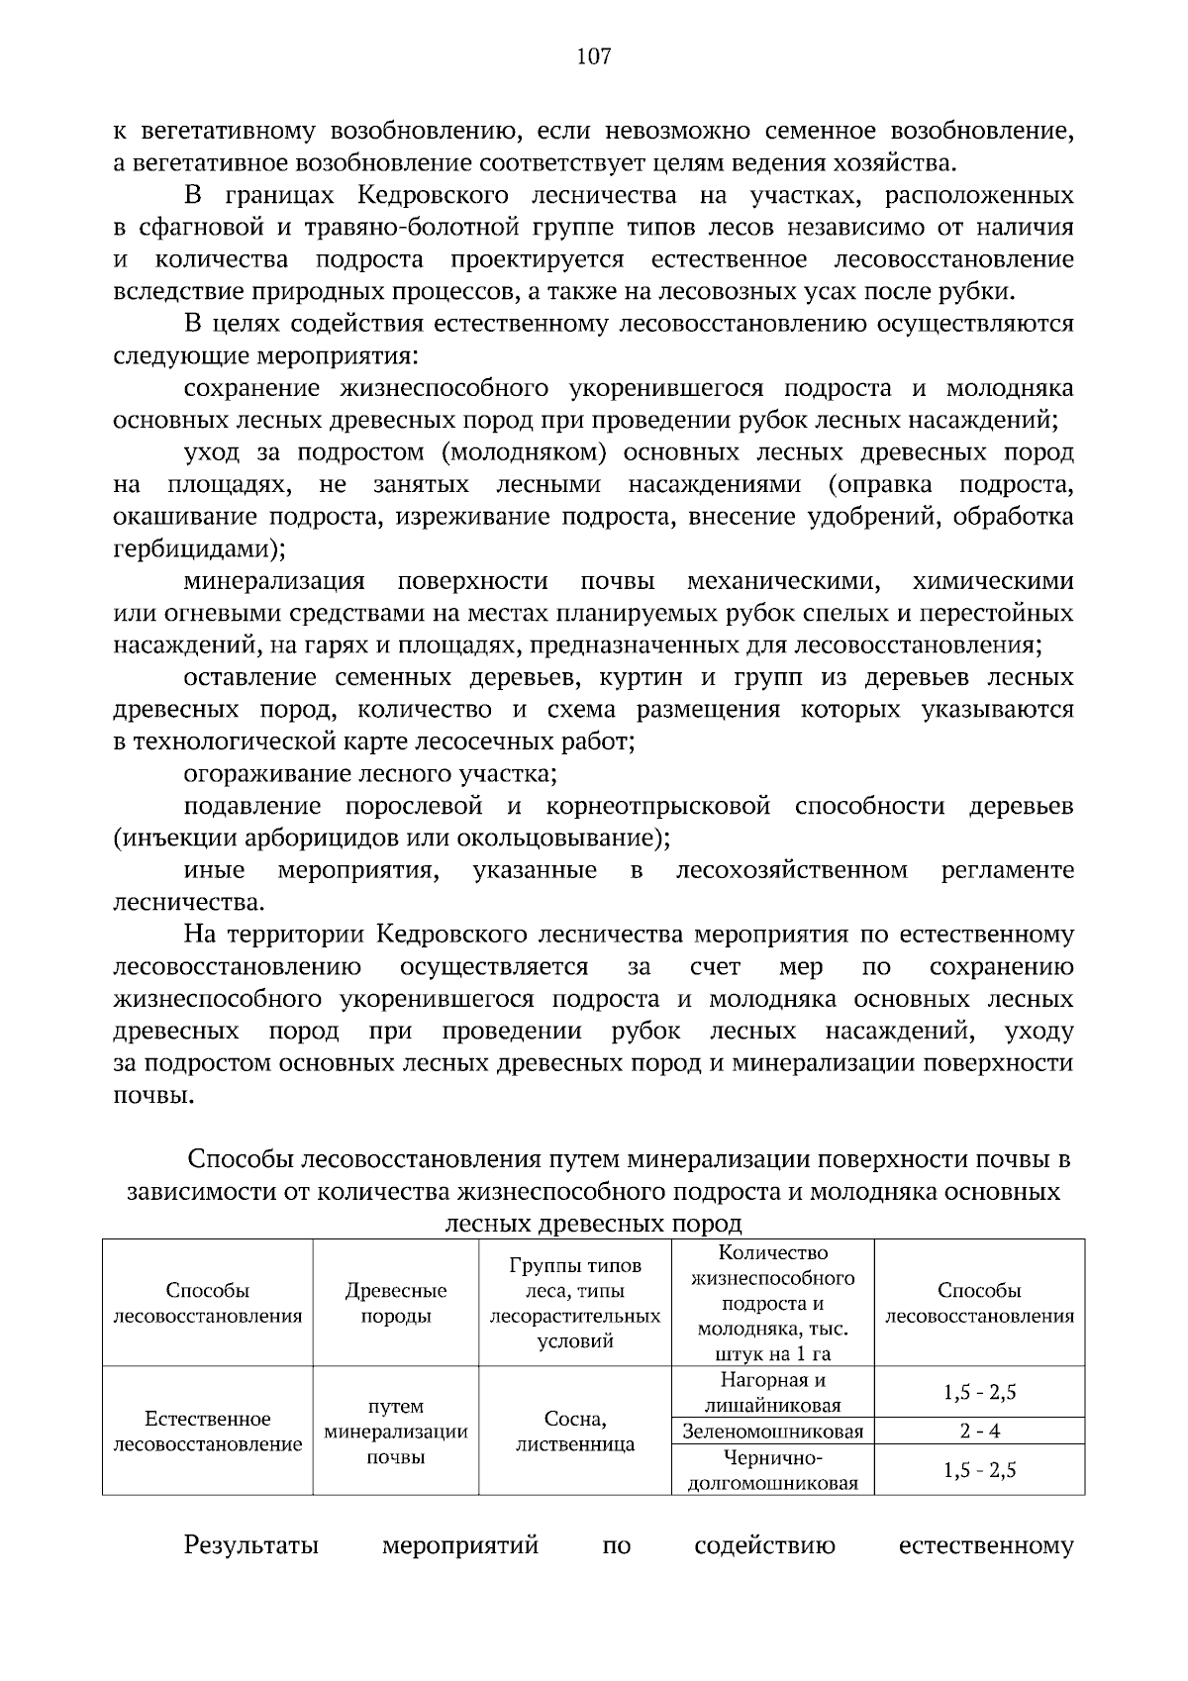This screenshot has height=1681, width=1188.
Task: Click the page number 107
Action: click(594, 56)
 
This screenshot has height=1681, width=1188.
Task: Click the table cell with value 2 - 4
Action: click(979, 1431)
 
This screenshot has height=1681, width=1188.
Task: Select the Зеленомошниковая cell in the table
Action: click(772, 1431)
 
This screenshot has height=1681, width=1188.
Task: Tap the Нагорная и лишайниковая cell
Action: click(772, 1392)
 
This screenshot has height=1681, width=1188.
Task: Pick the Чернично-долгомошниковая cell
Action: click(772, 1469)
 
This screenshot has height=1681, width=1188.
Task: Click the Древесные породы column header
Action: click(395, 1303)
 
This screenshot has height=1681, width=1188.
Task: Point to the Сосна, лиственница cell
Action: click(575, 1431)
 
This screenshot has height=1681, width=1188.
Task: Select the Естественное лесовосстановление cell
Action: click(208, 1431)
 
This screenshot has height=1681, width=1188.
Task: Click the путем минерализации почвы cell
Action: click(395, 1431)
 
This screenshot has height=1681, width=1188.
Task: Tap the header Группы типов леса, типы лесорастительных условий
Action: click(575, 1303)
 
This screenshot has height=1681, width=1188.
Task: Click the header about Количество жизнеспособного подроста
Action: click(772, 1303)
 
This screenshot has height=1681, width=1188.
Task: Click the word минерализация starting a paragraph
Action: click(274, 581)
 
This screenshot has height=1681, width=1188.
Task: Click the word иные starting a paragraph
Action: click(215, 870)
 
